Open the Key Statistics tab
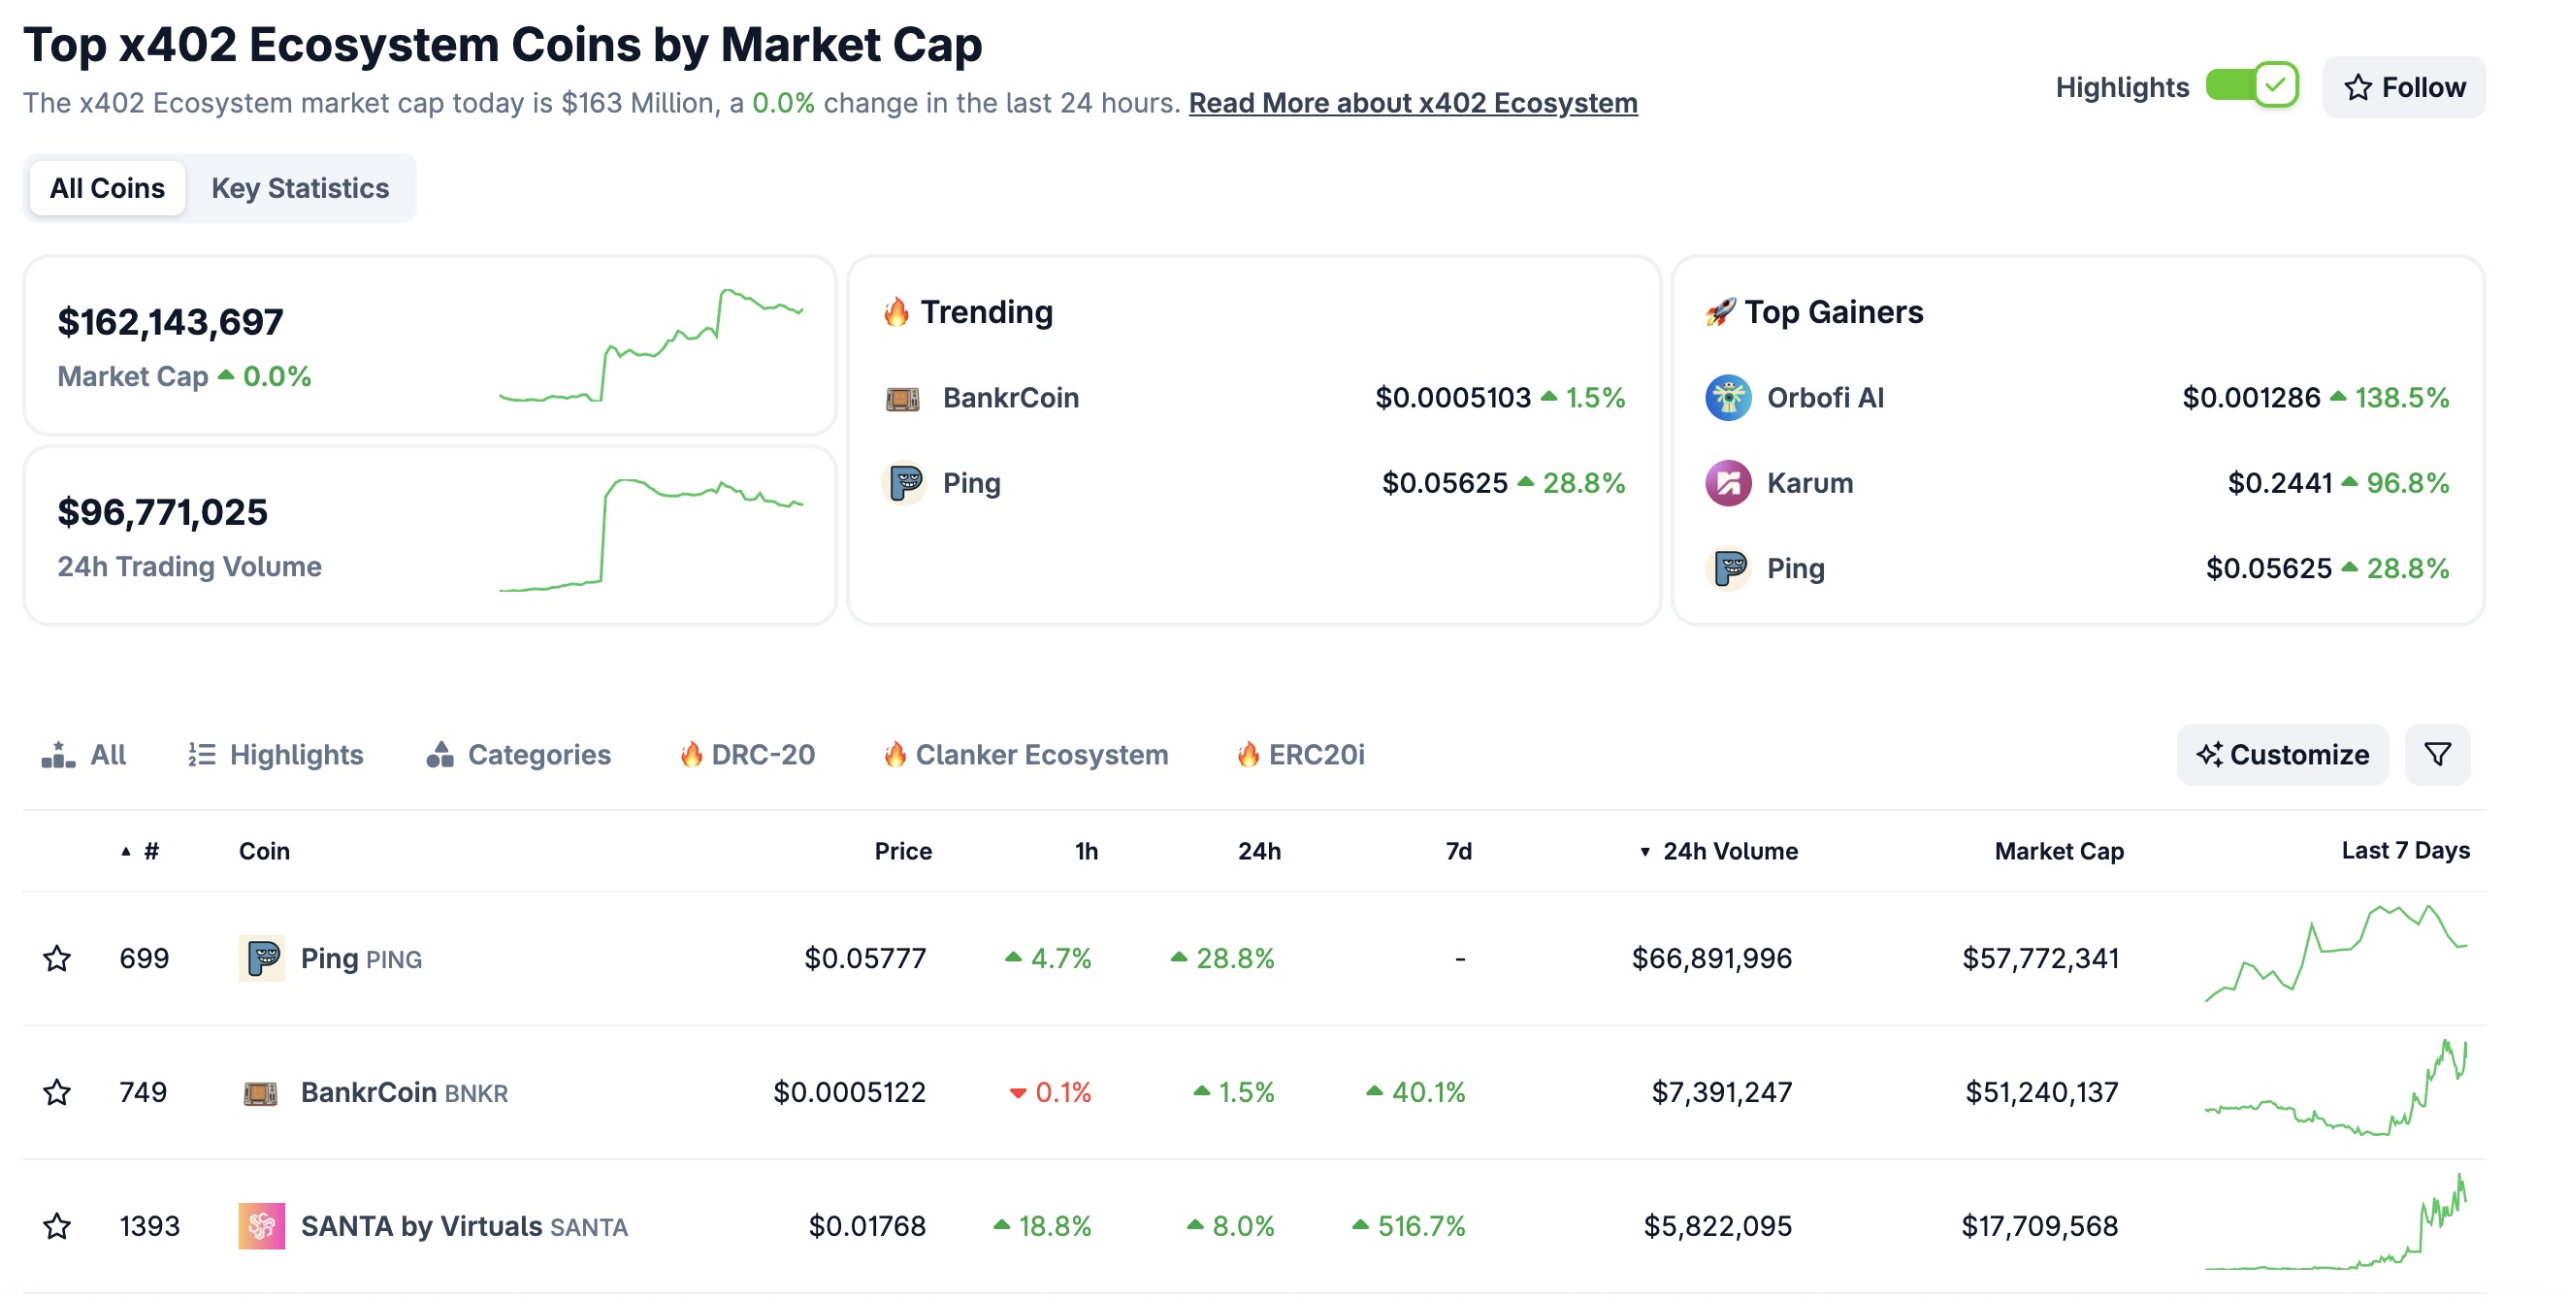tap(299, 188)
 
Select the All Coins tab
tap(107, 188)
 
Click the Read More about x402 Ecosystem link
tap(1413, 103)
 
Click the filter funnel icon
tap(2436, 755)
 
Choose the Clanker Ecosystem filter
tap(1040, 755)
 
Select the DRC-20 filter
tap(762, 755)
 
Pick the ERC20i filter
tap(1315, 755)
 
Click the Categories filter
tap(537, 755)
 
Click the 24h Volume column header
tap(1729, 851)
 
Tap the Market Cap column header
tap(2059, 851)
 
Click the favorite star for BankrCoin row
tap(57, 1091)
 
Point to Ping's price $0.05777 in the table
tap(864, 958)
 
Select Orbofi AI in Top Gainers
tap(1824, 398)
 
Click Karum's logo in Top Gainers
tap(1727, 483)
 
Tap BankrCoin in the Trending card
tap(1009, 398)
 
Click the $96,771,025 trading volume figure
tap(163, 512)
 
